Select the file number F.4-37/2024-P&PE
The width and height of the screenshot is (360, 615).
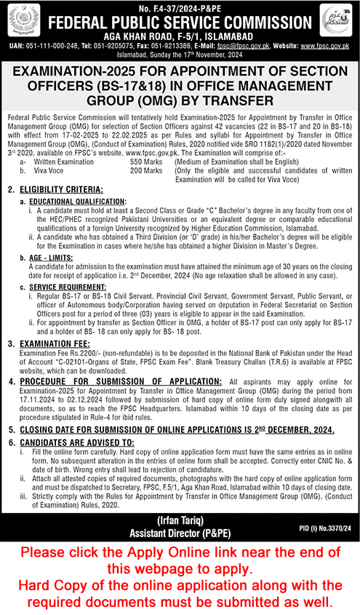180,6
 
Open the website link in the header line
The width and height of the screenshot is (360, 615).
327,44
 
